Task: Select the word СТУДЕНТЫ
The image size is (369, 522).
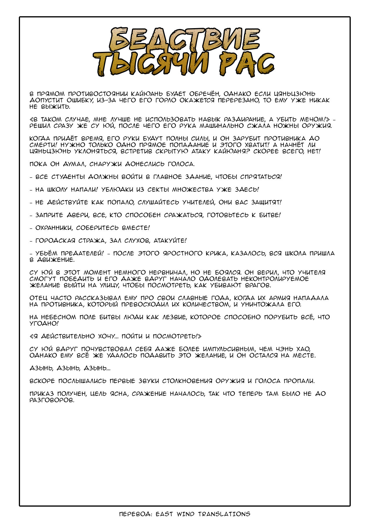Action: (x=68, y=177)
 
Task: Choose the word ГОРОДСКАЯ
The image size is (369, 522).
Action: (x=55, y=241)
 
